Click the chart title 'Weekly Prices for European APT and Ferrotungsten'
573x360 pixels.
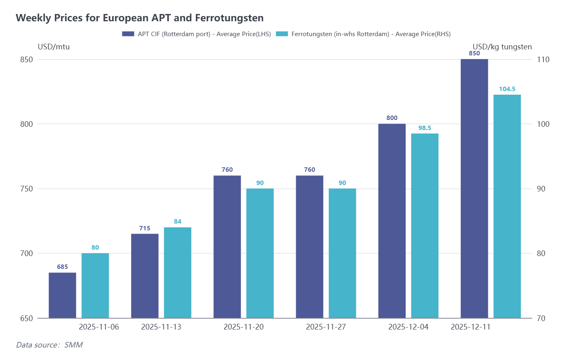click(x=140, y=18)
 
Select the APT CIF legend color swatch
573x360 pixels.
click(x=128, y=34)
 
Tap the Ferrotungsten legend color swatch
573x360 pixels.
click(x=282, y=34)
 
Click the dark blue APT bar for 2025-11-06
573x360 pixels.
click(x=63, y=295)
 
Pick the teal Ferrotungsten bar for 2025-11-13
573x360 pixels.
click(x=177, y=273)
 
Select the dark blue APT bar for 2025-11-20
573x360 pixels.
click(x=227, y=247)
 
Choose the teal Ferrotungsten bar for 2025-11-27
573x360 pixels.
click(x=342, y=253)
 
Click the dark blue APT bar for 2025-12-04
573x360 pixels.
click(x=392, y=221)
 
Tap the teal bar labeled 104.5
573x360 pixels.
click(x=507, y=206)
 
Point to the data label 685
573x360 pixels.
click(x=63, y=267)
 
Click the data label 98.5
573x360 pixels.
click(x=425, y=128)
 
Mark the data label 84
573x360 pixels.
click(x=178, y=222)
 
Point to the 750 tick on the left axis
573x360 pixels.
click(x=26, y=189)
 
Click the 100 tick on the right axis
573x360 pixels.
click(x=543, y=124)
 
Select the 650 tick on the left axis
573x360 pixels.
click(x=26, y=318)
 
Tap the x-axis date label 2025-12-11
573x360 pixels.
click(x=470, y=327)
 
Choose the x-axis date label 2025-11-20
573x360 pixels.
click(x=244, y=327)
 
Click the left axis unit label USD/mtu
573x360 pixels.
click(x=54, y=47)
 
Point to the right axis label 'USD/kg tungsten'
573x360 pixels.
click(x=502, y=47)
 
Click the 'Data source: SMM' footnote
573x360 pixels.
click(x=49, y=345)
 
